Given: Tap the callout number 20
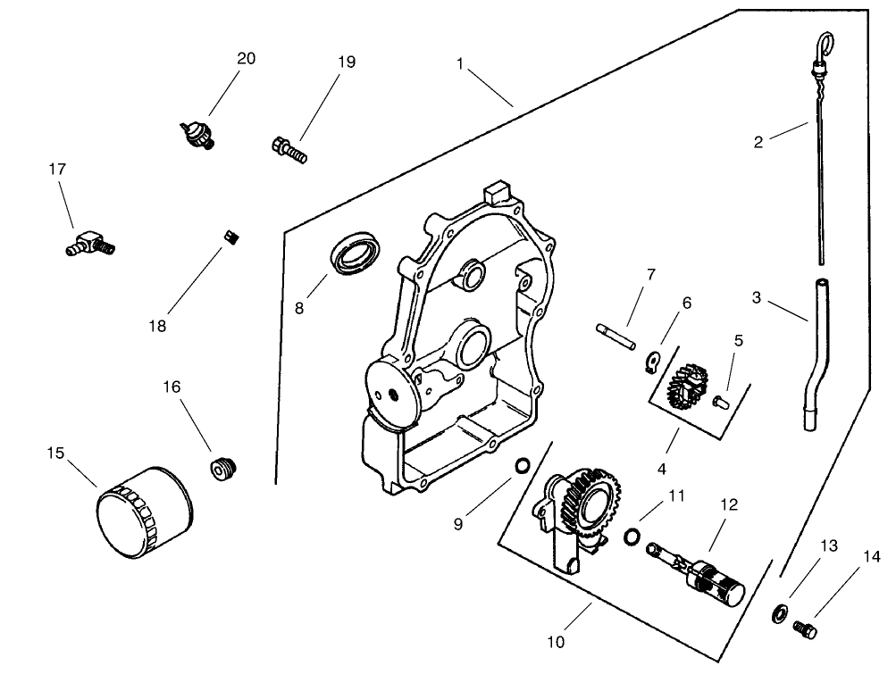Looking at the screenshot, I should point(246,58).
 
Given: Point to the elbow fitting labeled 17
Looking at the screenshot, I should point(90,241).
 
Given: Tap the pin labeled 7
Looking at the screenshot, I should point(615,333).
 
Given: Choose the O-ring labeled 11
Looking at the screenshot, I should point(632,536).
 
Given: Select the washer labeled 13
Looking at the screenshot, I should point(779,612).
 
